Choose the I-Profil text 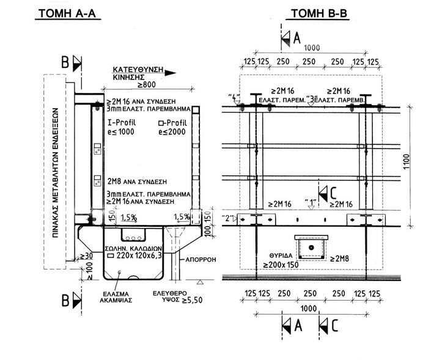[x=120, y=123]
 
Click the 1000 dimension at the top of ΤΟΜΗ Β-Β [x=311, y=48]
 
